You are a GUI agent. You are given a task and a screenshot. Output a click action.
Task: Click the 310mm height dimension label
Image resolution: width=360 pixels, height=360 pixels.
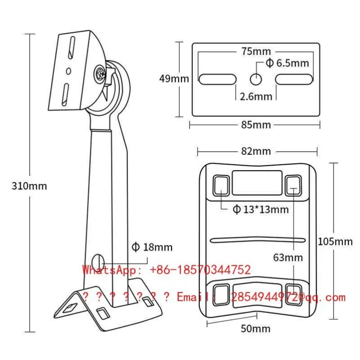(x=29, y=186)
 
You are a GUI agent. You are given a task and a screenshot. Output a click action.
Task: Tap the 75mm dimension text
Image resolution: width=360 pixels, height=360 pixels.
(x=256, y=51)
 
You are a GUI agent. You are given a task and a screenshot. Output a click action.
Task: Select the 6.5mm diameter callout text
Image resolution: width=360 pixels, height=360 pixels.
(x=287, y=63)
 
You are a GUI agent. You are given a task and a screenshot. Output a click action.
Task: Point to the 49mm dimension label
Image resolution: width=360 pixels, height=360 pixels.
(x=174, y=79)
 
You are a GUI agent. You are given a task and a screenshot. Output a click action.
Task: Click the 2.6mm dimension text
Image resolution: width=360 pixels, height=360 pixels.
(x=256, y=97)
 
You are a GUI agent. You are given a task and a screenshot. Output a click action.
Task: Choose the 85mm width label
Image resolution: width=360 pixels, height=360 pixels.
(x=256, y=125)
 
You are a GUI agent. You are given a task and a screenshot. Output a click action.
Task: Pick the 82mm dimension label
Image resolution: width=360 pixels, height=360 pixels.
(x=256, y=151)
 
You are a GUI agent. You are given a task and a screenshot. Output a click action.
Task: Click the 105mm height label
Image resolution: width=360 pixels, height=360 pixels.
(x=335, y=241)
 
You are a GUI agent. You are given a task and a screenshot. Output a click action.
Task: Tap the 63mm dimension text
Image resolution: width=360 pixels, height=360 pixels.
(x=288, y=258)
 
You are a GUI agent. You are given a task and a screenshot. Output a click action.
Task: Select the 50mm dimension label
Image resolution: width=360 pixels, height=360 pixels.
(x=255, y=329)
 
